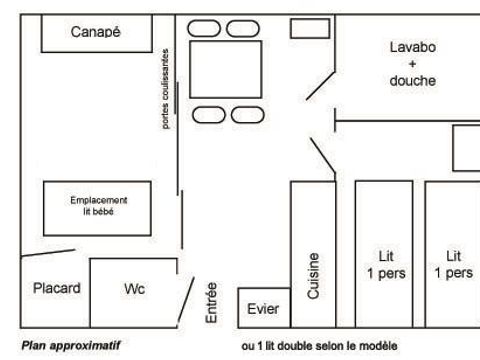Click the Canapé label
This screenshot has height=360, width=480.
96,32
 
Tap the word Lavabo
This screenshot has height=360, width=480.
413,47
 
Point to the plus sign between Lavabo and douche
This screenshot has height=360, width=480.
413,64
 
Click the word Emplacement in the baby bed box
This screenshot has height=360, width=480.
98,200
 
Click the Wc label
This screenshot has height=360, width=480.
135,289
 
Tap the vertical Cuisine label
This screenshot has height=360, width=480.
314,275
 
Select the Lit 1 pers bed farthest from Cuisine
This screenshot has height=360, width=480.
453,264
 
